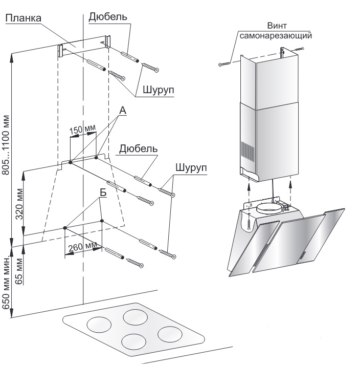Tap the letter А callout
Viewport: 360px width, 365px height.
(123, 111)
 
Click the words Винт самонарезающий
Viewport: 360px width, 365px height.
(276, 31)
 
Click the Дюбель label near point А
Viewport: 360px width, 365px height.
(139, 149)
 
